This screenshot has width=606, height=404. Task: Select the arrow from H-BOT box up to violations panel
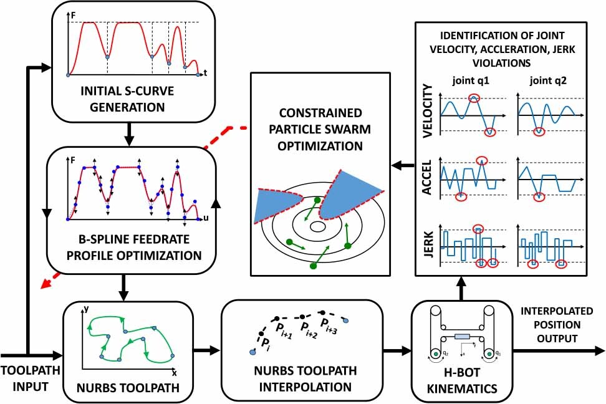462,287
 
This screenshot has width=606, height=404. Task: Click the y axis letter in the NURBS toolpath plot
86,309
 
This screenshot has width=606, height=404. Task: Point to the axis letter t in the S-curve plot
204,74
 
